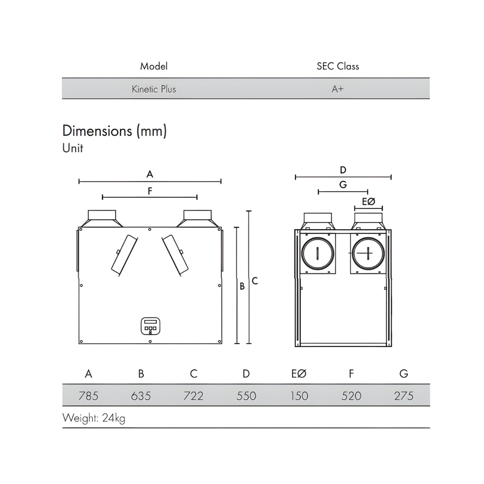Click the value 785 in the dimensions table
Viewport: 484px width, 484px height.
pos(88,396)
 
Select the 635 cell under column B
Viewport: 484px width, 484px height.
pos(141,396)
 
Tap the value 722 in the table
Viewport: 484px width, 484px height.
pos(193,396)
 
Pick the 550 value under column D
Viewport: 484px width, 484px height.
pos(246,396)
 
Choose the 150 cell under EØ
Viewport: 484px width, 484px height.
pos(299,396)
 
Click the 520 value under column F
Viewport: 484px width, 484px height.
pos(351,396)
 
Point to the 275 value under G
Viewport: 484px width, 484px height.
pos(404,396)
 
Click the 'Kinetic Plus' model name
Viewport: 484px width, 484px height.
pos(154,89)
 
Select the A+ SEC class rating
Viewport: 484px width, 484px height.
pos(337,89)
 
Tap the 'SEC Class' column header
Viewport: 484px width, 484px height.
pos(337,66)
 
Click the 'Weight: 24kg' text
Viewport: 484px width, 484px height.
pos(94,418)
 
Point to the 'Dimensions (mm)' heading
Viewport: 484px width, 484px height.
pos(115,131)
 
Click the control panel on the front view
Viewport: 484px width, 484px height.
pos(150,326)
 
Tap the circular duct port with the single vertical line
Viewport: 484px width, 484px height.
pos(318,254)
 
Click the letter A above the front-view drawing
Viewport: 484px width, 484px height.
pos(150,174)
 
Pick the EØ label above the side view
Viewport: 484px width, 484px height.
pos(368,202)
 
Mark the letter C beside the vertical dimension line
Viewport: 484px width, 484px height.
pos(255,281)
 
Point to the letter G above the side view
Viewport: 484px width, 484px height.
pos(343,185)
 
